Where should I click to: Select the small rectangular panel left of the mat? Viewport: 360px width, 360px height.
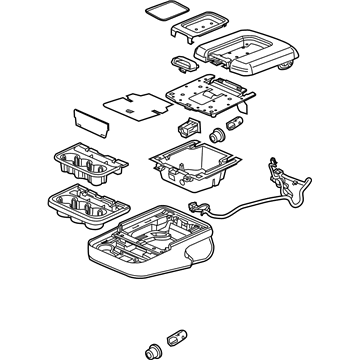[x=87, y=122]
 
